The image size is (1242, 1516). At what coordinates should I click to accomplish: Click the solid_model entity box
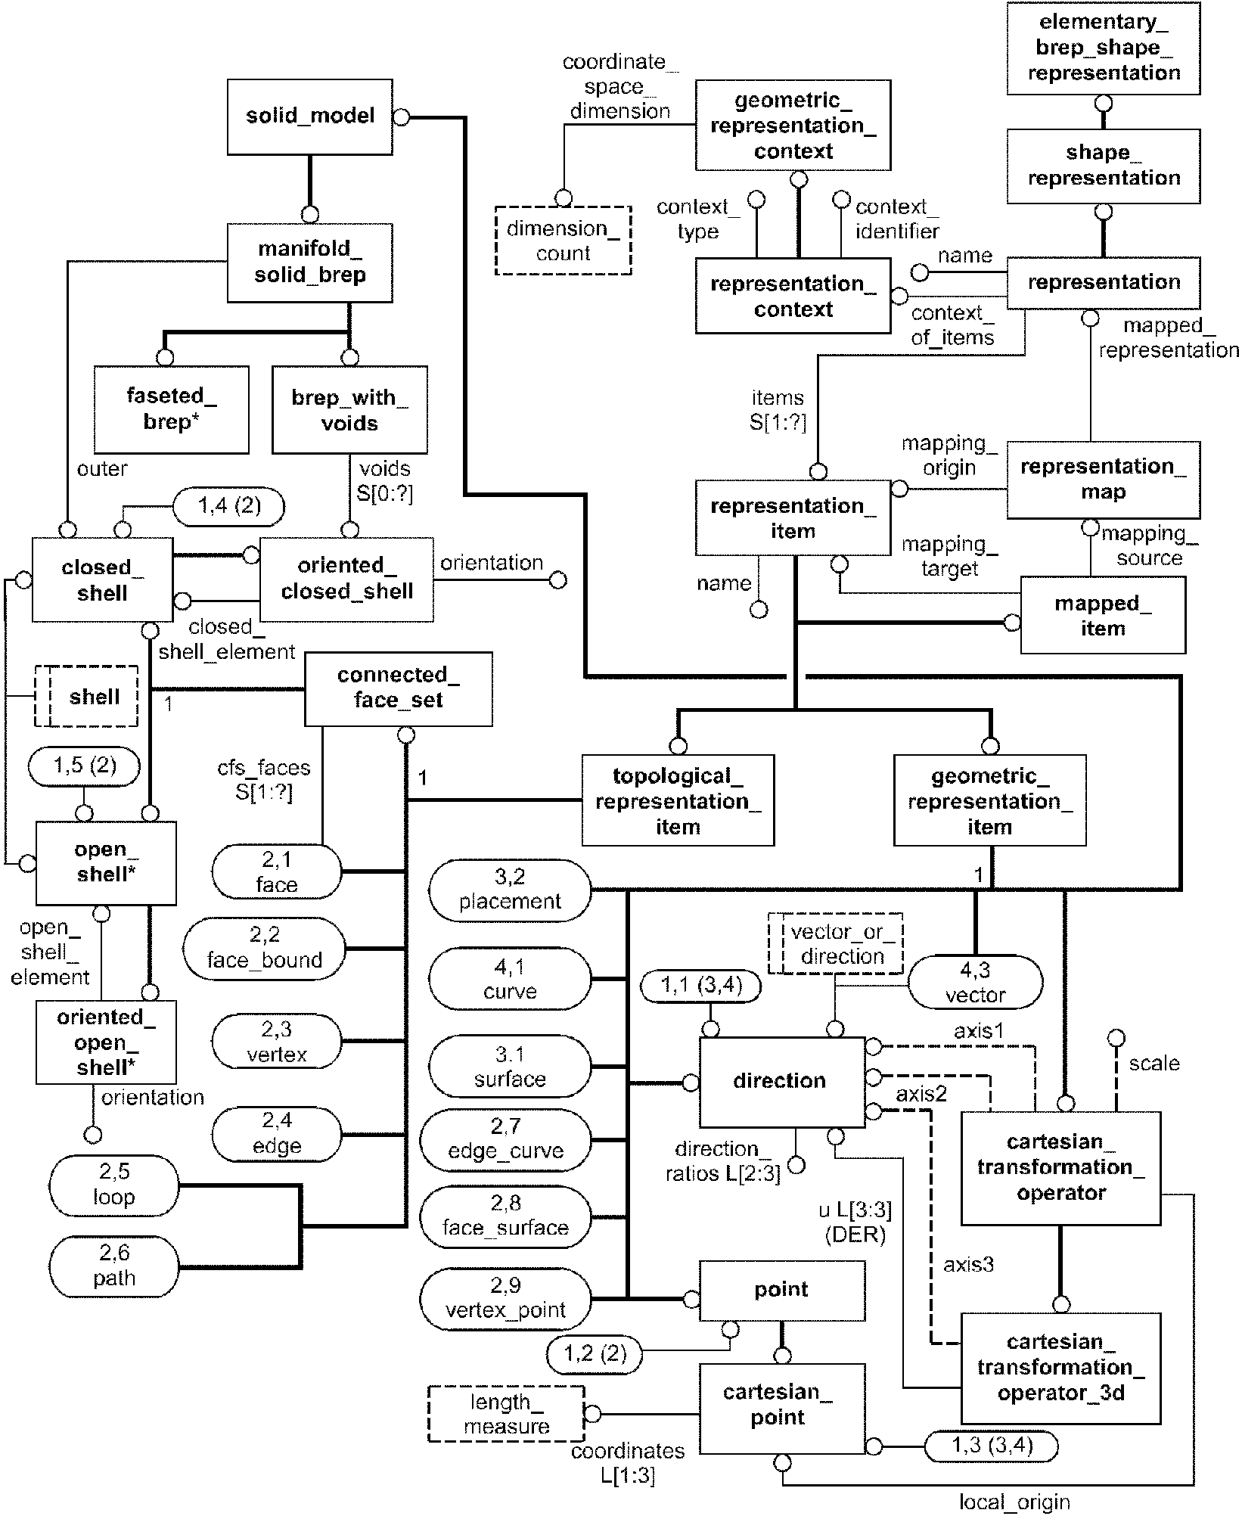310,116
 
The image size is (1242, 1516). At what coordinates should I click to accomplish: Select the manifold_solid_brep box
310,262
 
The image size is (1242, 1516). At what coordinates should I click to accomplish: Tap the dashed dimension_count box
563,241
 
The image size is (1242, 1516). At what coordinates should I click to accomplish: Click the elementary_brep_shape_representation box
1104,48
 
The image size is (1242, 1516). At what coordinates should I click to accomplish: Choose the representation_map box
1104,480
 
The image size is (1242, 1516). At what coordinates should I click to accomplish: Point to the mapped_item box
1103,615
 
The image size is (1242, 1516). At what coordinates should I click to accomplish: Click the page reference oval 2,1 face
277,871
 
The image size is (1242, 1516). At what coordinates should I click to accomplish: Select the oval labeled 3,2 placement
510,890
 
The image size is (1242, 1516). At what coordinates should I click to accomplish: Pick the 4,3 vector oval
975,982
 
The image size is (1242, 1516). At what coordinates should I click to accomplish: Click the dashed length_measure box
506,1414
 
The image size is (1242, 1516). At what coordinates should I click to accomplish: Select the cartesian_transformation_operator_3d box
1060,1368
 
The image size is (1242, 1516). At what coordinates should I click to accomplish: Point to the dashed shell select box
87,696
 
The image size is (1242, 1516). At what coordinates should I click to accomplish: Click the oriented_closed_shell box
346,579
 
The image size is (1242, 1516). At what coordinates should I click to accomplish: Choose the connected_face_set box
399,688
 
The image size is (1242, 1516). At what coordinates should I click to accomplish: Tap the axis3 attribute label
968,1264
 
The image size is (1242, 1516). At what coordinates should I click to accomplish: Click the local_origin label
1014,1502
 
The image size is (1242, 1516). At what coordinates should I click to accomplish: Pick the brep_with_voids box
349,410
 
